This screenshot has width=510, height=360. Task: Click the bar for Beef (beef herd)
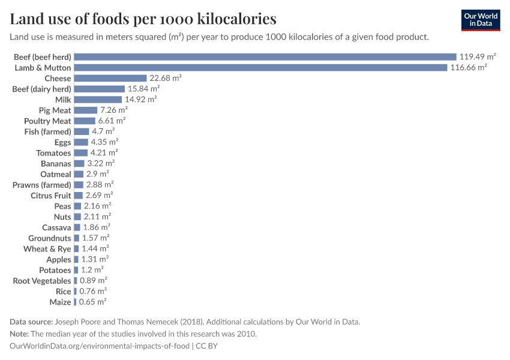click(265, 57)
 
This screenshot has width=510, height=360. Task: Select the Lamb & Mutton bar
click(261, 68)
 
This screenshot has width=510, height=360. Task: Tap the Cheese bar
click(110, 79)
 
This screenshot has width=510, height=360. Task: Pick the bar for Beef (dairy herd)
click(99, 89)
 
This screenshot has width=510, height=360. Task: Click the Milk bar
click(98, 100)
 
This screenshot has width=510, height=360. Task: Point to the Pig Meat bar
click(85, 110)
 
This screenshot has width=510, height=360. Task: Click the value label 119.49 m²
click(478, 57)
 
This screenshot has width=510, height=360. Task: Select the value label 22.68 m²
click(166, 79)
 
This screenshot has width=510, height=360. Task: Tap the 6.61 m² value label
click(113, 121)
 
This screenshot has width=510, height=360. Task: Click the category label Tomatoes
click(53, 153)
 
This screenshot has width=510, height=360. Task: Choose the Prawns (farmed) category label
click(42, 185)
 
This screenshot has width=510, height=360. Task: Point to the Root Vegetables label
click(42, 281)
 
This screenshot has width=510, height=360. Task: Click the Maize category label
click(60, 302)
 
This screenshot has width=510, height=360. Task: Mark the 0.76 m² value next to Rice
click(93, 292)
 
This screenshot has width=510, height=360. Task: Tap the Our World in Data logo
click(481, 20)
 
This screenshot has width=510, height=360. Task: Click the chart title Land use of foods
click(143, 19)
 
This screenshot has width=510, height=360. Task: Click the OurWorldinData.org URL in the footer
click(100, 346)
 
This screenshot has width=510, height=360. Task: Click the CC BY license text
click(208, 346)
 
